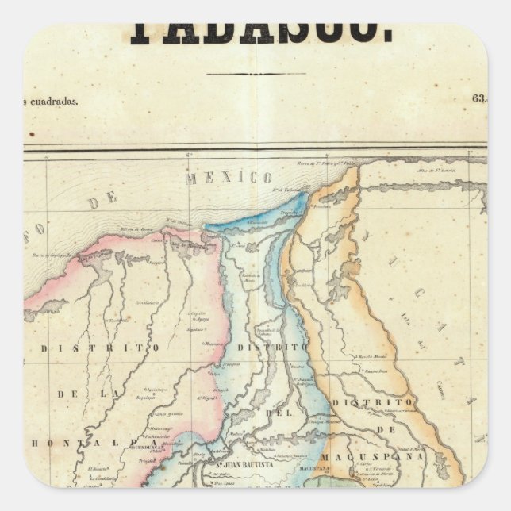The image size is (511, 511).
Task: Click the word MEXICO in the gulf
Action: pos(229,177)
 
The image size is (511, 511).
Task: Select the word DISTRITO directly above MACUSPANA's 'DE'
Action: pos(373,404)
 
